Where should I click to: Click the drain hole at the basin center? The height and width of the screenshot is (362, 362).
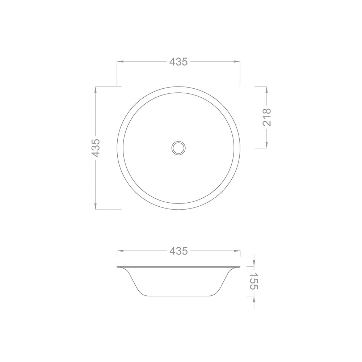[178, 148]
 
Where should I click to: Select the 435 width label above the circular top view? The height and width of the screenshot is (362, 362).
[178, 62]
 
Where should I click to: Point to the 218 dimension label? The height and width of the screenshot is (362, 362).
[267, 117]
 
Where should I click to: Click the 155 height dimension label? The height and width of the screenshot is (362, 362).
[254, 281]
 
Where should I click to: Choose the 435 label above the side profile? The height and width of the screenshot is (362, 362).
[178, 251]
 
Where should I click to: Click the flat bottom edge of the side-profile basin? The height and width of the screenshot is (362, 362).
[178, 296]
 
